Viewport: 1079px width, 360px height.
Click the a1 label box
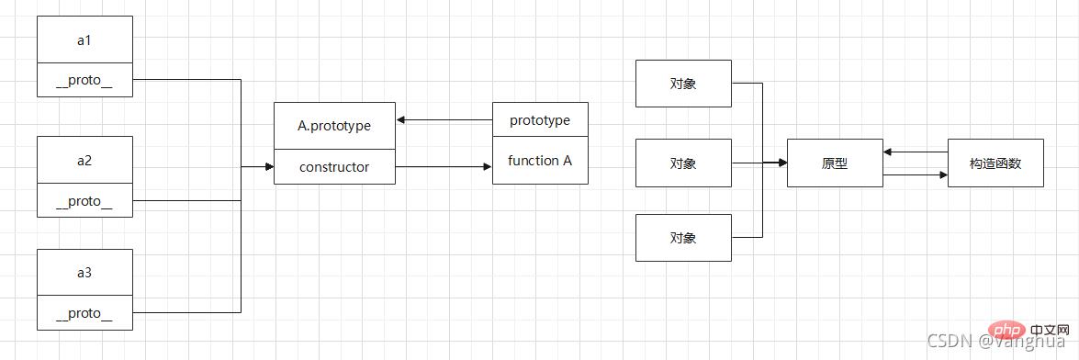pos(84,39)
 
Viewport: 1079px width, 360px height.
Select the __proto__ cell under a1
pos(84,80)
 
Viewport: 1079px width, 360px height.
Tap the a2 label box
pos(84,160)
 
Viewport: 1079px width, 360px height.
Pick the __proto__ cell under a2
pos(84,201)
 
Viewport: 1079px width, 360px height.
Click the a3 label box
pos(84,273)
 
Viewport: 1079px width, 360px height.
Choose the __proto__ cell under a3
pos(84,313)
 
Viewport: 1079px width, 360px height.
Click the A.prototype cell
pos(334,126)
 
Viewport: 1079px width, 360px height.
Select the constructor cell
pos(334,167)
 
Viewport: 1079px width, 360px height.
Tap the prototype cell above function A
pos(540,120)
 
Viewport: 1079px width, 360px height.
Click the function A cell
pos(540,161)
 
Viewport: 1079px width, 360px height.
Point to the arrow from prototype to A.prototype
pos(444,120)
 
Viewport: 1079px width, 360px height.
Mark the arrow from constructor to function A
pos(444,167)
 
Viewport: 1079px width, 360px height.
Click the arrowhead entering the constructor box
pos(268,167)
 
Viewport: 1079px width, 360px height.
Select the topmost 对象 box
pos(683,84)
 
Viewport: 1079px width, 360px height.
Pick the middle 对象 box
pos(683,163)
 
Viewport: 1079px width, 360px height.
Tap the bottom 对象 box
pos(683,238)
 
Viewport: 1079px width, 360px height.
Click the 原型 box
pos(835,163)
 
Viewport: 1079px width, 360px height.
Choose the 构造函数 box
pos(995,163)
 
